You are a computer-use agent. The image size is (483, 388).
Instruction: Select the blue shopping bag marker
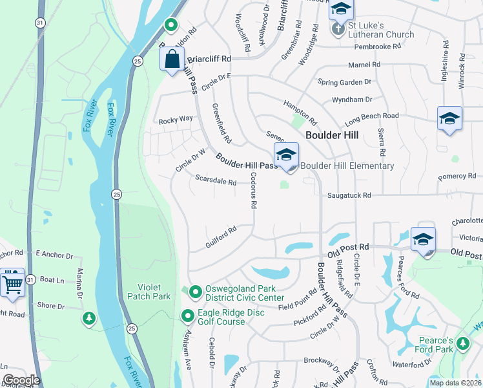tap(172, 61)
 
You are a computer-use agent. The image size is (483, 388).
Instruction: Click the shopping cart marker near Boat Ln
tap(12, 283)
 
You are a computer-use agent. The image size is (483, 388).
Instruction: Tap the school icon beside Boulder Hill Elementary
tap(286, 155)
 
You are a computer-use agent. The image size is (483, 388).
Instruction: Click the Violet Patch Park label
tap(154, 292)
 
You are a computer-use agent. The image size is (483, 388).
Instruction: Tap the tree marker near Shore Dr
tap(89, 318)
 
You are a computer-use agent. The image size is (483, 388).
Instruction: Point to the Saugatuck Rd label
tap(349, 195)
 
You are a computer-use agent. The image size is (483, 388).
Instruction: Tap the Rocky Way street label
tap(176, 119)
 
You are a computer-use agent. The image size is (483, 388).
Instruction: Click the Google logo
tap(21, 380)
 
